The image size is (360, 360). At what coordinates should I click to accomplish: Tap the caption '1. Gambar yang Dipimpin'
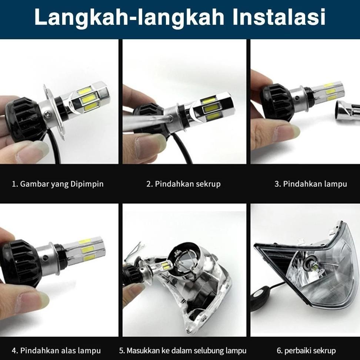click(58, 184)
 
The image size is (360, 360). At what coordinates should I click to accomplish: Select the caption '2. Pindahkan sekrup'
click(183, 184)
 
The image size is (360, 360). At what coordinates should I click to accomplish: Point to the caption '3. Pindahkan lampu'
click(310, 184)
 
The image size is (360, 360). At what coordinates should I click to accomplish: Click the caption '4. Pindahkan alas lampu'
click(56, 350)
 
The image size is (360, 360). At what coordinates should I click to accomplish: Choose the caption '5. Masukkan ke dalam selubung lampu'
click(183, 350)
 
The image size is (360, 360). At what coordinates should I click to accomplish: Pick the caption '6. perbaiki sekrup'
click(306, 350)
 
